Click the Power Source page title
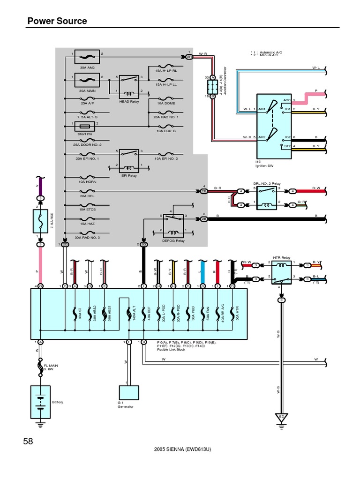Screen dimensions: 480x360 tap(57, 21)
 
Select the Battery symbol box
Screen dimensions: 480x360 tap(40, 402)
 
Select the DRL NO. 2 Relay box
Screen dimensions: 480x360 tap(266, 196)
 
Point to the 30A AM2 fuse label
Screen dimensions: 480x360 tap(87, 67)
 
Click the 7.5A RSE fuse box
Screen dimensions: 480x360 tap(40, 221)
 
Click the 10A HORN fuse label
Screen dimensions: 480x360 tap(87, 181)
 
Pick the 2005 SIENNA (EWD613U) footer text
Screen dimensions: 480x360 tap(182, 449)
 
